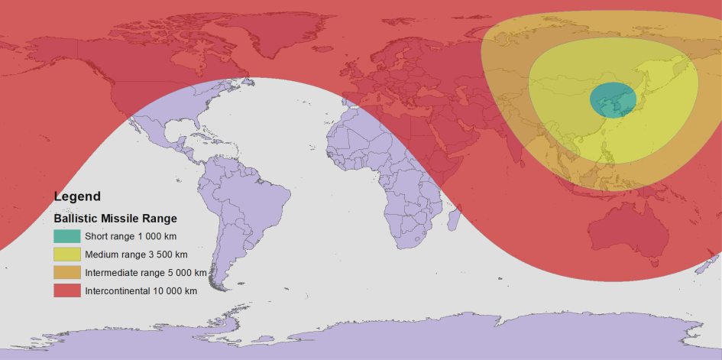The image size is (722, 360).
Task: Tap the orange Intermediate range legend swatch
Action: point(66,272)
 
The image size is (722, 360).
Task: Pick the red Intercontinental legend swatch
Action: point(66,290)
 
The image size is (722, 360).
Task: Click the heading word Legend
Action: point(77,196)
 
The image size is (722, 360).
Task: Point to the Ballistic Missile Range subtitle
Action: point(115,218)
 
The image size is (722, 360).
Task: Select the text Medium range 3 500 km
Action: point(136,255)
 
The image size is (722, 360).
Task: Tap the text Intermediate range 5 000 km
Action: point(145,273)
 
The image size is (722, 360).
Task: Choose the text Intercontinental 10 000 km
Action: point(141,291)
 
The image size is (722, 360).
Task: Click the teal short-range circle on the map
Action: point(613,100)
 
